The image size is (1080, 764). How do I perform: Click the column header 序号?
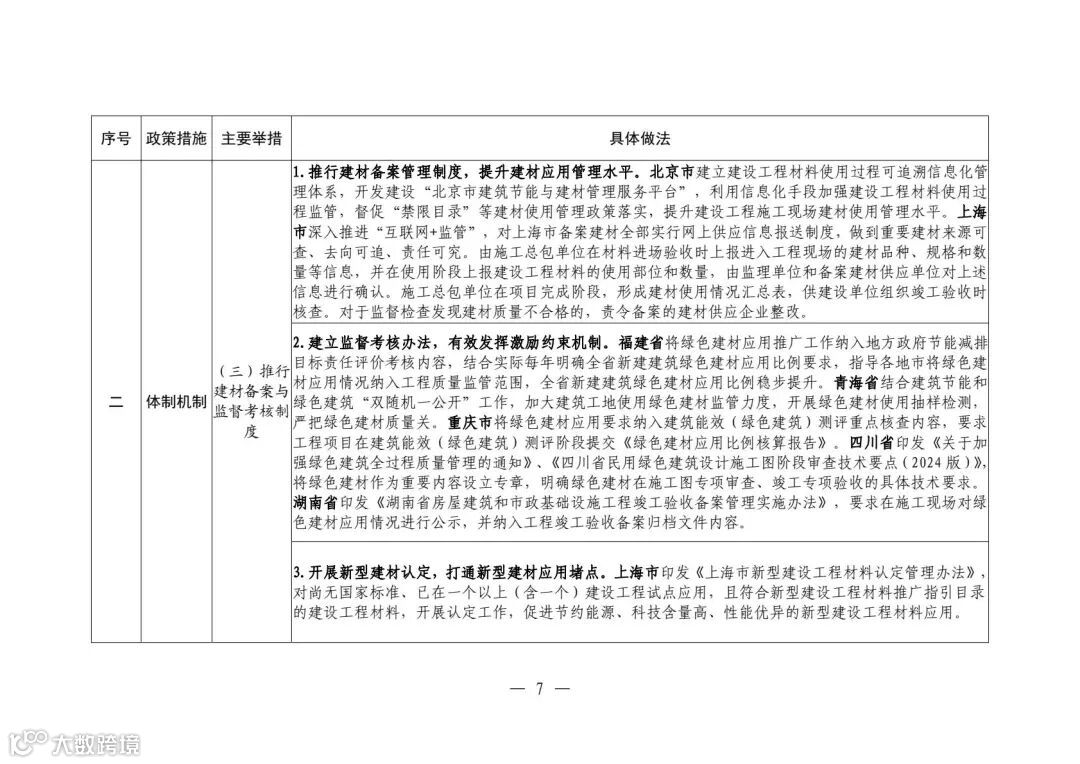click(116, 138)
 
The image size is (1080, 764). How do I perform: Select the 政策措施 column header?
click(176, 138)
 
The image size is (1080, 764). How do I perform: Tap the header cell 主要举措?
click(251, 138)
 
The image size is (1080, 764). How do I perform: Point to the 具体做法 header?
click(640, 138)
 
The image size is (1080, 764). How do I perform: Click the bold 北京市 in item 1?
click(671, 170)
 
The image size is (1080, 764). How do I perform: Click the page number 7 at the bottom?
click(540, 689)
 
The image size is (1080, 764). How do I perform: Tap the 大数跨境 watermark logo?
click(75, 742)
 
